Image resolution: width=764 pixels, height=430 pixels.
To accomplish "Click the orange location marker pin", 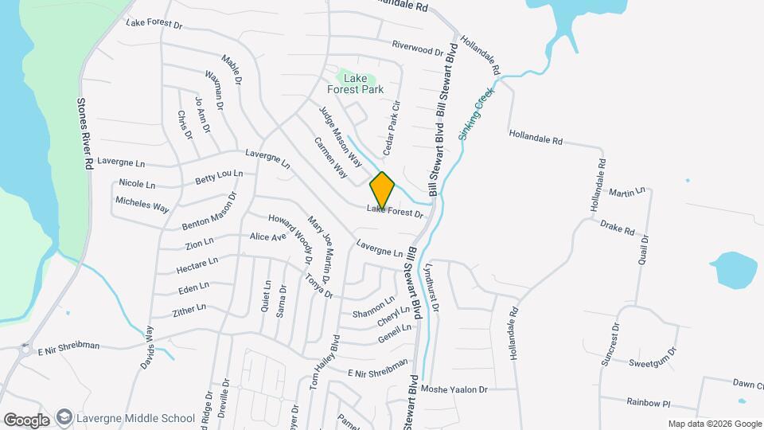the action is point(382,190).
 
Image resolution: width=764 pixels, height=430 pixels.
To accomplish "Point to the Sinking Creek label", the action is point(477,114).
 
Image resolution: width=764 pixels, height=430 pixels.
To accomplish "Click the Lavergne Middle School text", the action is point(136,418).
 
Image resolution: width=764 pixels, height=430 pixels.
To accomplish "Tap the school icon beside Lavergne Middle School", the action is point(64,418).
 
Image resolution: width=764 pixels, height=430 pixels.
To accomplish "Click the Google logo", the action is point(26,420).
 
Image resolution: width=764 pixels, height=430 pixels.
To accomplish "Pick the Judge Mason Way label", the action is point(341,136).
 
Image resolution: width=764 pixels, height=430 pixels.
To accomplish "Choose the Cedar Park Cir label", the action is point(391,127).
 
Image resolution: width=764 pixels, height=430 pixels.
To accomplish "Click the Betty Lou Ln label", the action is point(219,177).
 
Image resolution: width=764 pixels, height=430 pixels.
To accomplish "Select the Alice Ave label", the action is point(267,236).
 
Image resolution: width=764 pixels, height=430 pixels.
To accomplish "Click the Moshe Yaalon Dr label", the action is point(454,389).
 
